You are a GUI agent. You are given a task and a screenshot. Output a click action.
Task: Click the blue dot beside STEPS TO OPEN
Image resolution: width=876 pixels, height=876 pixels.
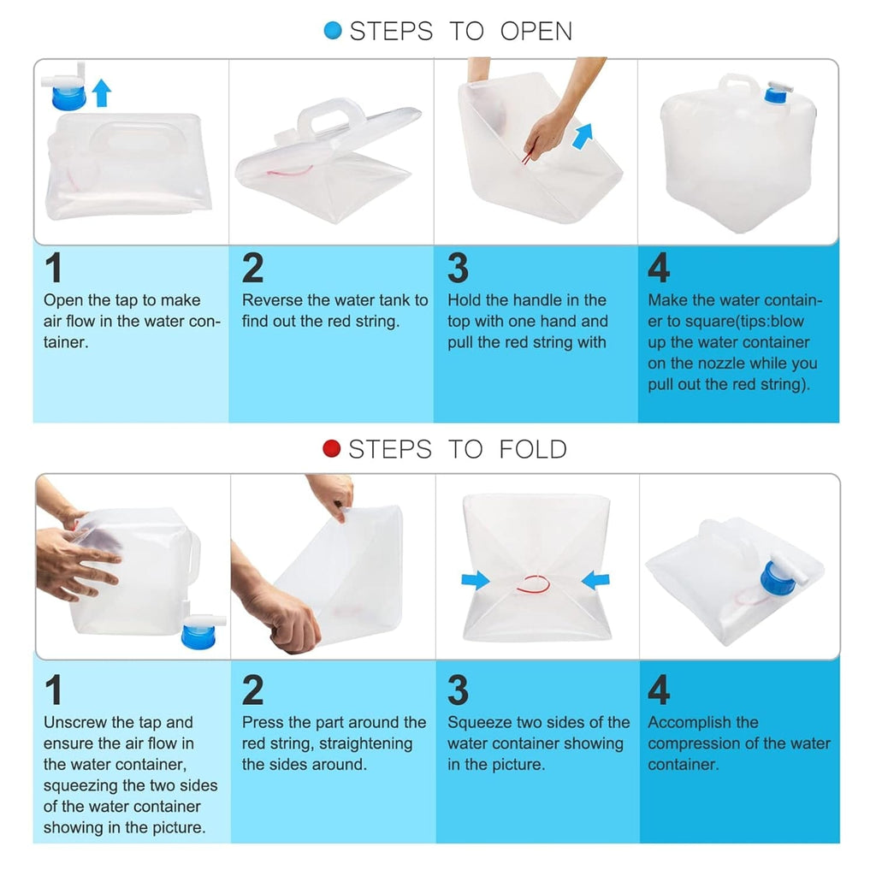(333, 30)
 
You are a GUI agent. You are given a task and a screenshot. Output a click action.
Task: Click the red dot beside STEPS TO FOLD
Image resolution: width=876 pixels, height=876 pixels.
(332, 448)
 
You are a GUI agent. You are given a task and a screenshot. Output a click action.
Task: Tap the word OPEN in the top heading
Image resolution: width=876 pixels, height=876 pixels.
(536, 32)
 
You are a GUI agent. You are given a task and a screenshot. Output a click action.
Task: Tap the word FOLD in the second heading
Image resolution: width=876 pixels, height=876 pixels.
(532, 449)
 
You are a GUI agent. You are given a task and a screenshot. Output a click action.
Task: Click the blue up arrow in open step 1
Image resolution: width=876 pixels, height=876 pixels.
(101, 92)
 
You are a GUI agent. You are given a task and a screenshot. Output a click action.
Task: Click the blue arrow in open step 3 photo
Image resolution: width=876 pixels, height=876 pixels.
(582, 136)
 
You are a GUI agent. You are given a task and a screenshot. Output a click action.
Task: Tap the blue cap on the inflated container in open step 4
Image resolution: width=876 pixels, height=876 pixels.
(775, 94)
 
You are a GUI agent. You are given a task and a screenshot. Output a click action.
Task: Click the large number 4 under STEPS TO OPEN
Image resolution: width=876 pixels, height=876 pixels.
(659, 268)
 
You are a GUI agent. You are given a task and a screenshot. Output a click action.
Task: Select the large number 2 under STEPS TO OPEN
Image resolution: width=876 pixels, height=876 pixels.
(252, 268)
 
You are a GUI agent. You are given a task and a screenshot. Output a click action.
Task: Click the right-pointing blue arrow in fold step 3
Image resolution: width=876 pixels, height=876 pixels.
(476, 580)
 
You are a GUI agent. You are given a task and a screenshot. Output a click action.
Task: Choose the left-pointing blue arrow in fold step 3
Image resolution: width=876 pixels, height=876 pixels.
(595, 580)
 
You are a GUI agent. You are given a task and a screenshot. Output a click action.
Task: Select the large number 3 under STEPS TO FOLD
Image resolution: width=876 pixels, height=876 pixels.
(459, 690)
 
